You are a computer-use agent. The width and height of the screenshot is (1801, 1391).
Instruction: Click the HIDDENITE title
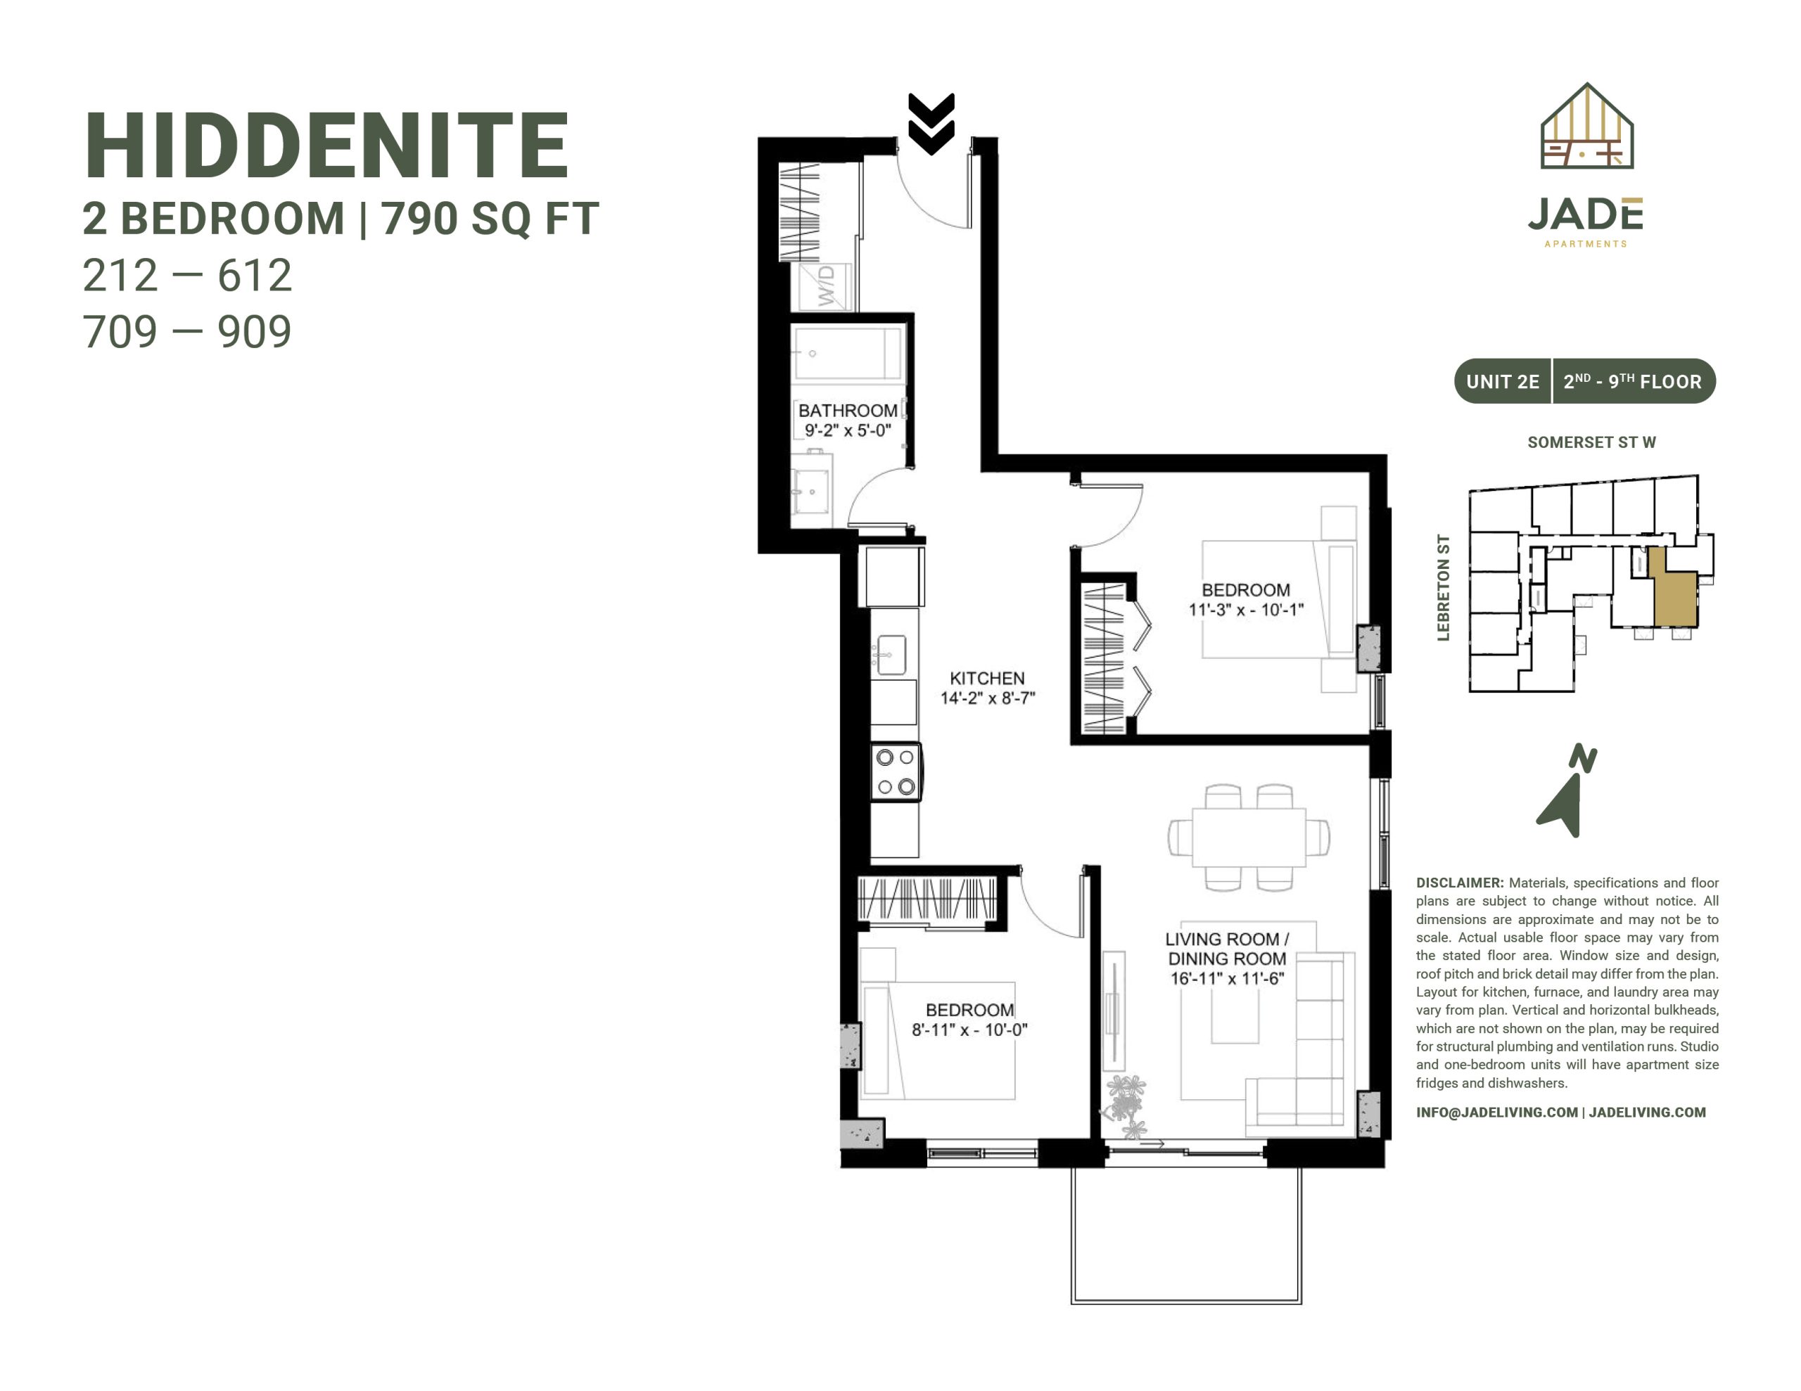pos(326,146)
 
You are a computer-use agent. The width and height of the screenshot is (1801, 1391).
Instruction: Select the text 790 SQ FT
pos(490,219)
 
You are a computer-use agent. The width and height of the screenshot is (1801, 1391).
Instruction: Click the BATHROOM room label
pos(848,410)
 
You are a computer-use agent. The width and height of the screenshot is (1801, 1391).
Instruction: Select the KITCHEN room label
pos(987,678)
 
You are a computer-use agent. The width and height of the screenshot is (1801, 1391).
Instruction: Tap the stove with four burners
pos(896,771)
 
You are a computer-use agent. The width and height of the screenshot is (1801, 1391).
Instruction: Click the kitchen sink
pos(891,655)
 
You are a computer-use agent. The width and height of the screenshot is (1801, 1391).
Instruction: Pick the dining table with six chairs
pos(1249,837)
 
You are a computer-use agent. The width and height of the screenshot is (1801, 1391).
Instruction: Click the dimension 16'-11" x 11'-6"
pos(1227,979)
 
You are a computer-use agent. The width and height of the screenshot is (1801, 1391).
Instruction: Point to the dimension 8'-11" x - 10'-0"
pos(969,1029)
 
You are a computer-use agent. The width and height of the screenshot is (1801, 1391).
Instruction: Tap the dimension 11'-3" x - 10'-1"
pos(1246,609)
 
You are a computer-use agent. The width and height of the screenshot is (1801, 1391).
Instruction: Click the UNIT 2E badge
pos(1503,382)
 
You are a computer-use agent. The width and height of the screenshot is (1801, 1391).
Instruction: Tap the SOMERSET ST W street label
pos(1591,442)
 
